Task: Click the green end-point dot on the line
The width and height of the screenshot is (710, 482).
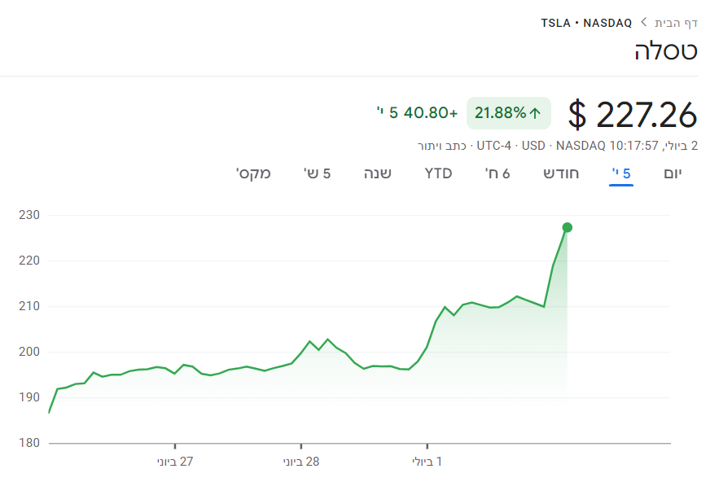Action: click(x=568, y=227)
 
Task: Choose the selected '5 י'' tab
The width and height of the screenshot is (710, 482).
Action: click(x=621, y=173)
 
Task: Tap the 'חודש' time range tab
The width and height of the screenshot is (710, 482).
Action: click(x=562, y=173)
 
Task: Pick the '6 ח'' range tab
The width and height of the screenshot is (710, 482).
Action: click(x=497, y=173)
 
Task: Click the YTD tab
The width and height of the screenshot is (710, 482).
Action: click(x=438, y=173)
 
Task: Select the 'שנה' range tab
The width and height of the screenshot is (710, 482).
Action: click(x=377, y=173)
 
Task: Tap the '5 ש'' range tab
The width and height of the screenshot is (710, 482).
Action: click(x=317, y=173)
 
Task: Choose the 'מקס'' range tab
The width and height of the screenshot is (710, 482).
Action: click(x=253, y=173)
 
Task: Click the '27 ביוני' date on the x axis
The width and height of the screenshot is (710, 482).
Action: click(x=175, y=462)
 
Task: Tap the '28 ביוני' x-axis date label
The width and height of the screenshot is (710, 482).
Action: click(x=301, y=462)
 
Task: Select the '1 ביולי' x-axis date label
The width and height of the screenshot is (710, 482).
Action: click(x=427, y=462)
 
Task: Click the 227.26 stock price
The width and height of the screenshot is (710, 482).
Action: click(x=633, y=114)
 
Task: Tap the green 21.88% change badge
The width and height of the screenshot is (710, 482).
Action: click(x=508, y=113)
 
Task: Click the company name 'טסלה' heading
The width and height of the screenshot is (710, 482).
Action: click(x=665, y=50)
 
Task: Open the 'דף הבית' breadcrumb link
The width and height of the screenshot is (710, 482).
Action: click(x=677, y=22)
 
